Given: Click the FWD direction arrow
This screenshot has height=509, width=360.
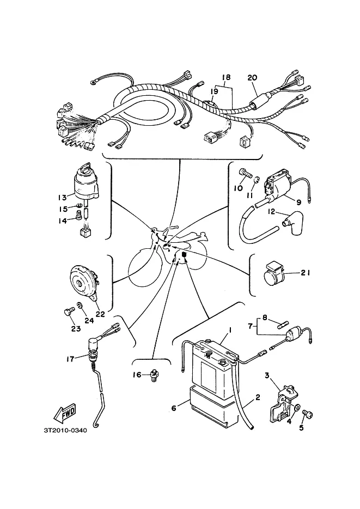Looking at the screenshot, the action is [65, 413].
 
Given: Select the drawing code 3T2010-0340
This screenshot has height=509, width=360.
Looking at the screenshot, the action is [65, 431].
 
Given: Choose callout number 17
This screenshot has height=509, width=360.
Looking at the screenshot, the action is [70, 359].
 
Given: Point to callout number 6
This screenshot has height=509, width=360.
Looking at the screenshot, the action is [174, 408].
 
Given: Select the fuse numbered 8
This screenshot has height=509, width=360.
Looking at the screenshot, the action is [283, 324].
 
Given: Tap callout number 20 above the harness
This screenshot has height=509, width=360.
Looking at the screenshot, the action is [252, 78].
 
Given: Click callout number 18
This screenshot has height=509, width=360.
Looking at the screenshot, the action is [226, 77].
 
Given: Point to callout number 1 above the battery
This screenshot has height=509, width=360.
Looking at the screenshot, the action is [230, 330].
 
